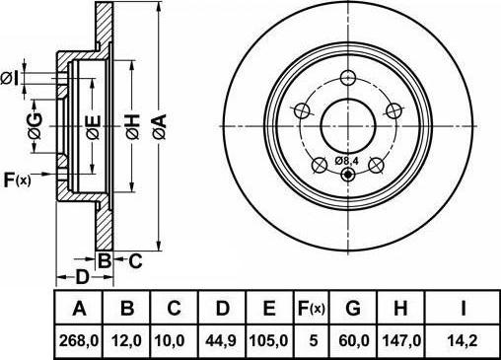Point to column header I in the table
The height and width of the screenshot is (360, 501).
click(462, 310)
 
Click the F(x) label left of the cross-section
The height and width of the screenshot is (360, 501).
click(18, 180)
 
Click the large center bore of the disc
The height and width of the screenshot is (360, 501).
click(346, 121)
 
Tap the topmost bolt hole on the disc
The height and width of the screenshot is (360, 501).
click(346, 79)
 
